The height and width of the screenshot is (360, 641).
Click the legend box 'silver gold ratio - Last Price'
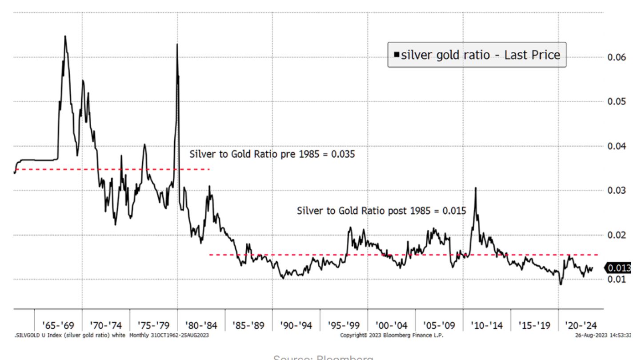pos(477,55)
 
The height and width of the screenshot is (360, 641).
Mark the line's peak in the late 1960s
pos(65,36)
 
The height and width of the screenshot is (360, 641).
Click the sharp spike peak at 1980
pos(177,44)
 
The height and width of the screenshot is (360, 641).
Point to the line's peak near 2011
pos(476,188)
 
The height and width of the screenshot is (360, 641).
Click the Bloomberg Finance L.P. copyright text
pos(392,335)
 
